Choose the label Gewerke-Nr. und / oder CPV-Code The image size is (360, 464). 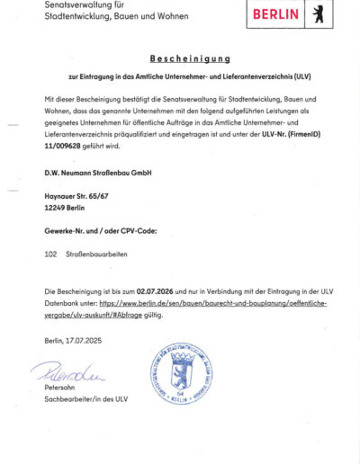coord(101,231)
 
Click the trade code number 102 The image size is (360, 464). coord(50,255)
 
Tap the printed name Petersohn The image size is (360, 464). coord(60,388)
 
